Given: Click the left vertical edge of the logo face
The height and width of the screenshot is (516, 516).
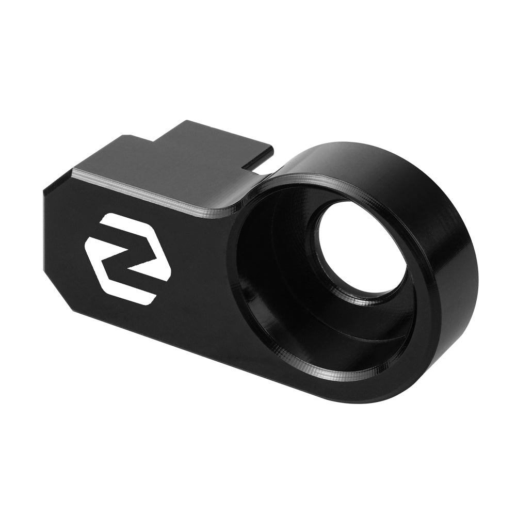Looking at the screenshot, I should (x=45, y=237).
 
